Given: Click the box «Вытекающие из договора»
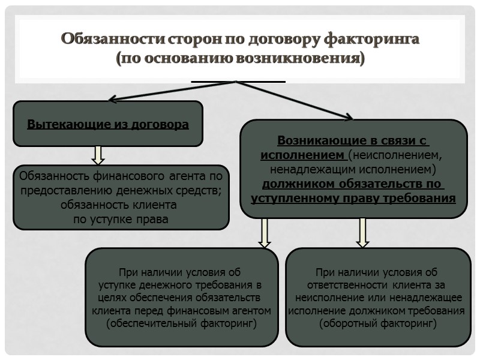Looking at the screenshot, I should (108, 124).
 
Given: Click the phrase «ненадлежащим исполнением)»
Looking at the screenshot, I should (353, 169).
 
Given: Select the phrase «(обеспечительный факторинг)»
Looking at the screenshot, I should (181, 323).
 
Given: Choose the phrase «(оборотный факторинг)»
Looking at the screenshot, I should (377, 323).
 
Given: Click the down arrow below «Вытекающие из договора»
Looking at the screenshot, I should (98, 155).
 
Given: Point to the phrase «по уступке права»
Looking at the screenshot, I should (121, 219).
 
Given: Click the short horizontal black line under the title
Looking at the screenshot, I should (238, 81).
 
